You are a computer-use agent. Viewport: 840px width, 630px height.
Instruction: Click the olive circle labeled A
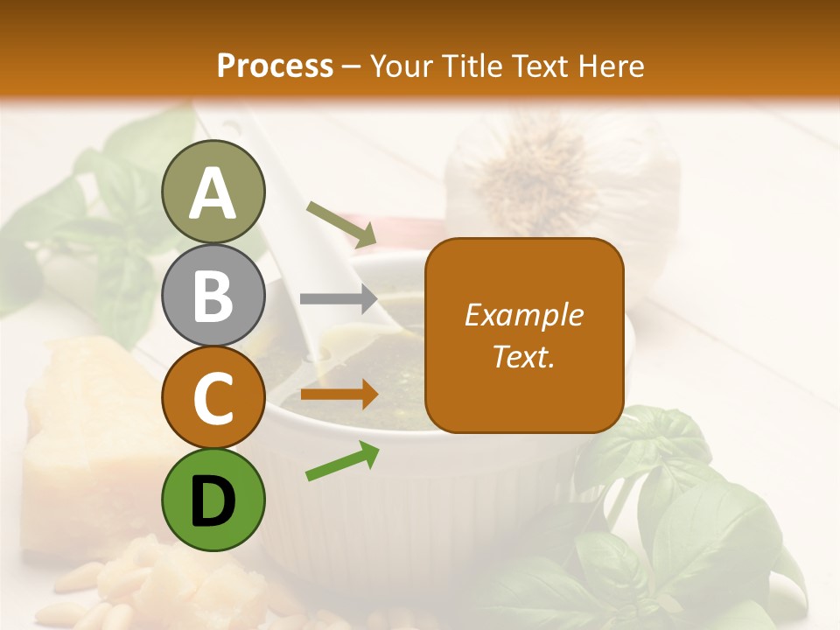point(213,192)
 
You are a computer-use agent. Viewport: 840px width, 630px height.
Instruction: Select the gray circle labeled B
point(213,295)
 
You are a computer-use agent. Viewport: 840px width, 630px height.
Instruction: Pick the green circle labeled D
point(213,500)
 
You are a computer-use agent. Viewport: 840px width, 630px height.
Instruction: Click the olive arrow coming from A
point(341,223)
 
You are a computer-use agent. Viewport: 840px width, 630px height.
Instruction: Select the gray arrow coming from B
point(339,299)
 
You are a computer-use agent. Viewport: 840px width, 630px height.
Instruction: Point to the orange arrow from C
point(339,395)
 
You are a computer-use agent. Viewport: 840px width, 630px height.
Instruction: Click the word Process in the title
point(275,66)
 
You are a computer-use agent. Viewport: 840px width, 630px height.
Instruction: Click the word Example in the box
point(523,315)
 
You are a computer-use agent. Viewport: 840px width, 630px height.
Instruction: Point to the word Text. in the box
point(523,356)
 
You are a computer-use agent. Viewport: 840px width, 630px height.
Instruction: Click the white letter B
point(213,295)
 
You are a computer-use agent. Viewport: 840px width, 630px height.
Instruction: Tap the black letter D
point(213,500)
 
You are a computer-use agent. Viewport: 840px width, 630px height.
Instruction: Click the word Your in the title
point(403,66)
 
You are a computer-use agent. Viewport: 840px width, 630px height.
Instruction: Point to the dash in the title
point(352,66)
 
